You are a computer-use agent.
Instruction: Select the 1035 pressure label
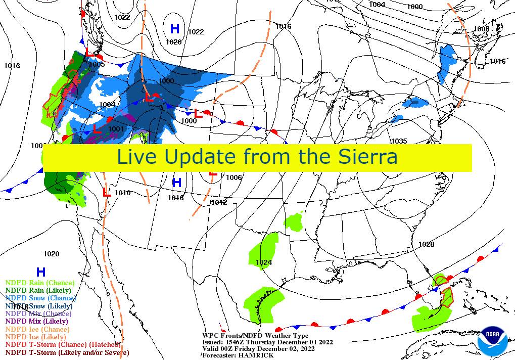point(399,141)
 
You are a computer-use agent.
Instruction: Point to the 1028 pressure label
point(426,244)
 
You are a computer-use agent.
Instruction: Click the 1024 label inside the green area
point(263,262)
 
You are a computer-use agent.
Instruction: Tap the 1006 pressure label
point(233,177)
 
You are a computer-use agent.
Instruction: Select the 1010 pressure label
point(122,193)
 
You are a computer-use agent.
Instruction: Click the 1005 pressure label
point(97,64)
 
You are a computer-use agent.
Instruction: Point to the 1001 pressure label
point(116,129)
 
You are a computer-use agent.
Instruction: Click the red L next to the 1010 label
point(106,192)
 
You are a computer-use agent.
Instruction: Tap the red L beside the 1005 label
point(88,52)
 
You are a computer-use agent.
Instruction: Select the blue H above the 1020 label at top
point(175,29)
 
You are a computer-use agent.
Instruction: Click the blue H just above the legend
point(40,272)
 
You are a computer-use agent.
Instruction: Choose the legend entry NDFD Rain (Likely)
point(38,290)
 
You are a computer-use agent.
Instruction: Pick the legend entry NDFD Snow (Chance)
point(40,298)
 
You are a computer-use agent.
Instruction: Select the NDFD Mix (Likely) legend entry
point(36,321)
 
